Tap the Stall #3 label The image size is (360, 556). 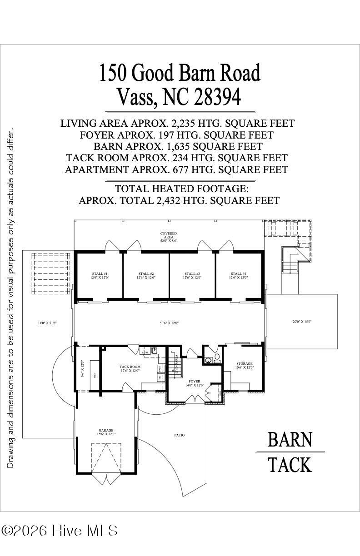click(x=192, y=275)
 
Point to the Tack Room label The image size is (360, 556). click(x=130, y=369)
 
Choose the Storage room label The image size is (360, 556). click(x=244, y=366)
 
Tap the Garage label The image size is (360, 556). click(x=106, y=432)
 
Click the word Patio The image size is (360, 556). click(x=179, y=435)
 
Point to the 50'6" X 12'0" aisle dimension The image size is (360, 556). click(x=169, y=323)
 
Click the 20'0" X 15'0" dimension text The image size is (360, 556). click(x=302, y=322)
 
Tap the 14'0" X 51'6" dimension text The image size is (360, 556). click(x=47, y=323)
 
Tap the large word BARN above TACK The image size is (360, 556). click(x=290, y=439)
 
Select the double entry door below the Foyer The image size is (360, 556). click(x=195, y=399)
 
